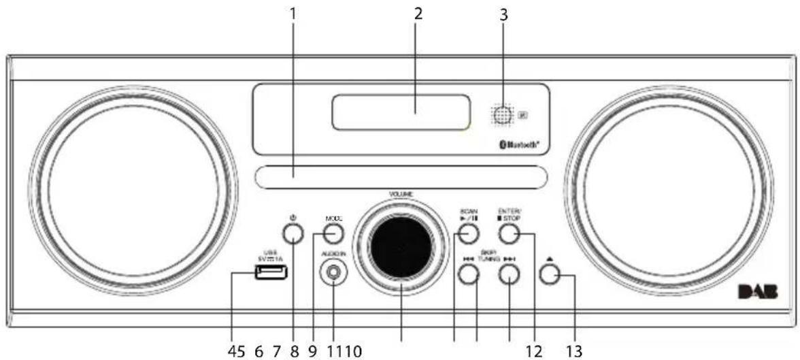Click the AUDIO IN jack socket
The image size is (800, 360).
pyautogui.click(x=333, y=274)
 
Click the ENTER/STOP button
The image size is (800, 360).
pyautogui.click(x=509, y=235)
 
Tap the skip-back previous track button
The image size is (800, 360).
pyautogui.click(x=468, y=274)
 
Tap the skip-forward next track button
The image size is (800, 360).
pyautogui.click(x=509, y=274)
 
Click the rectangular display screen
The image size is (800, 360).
pyautogui.click(x=401, y=112)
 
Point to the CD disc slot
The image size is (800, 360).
pyautogui.click(x=401, y=177)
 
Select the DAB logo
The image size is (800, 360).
pyautogui.click(x=758, y=294)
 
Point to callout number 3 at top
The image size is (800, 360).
pyautogui.click(x=503, y=14)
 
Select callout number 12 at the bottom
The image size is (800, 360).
pyautogui.click(x=534, y=351)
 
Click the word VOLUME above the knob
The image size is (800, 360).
pyautogui.click(x=401, y=195)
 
